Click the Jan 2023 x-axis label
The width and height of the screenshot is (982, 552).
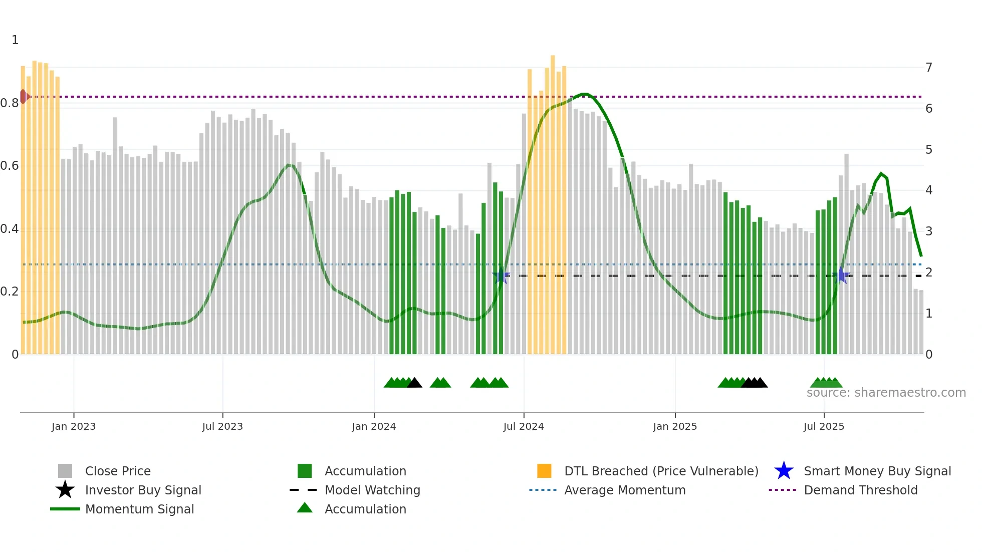[73, 426]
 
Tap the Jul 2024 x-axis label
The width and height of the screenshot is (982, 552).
[524, 426]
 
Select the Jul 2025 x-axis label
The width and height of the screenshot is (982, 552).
[824, 426]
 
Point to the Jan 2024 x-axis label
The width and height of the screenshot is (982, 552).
[374, 426]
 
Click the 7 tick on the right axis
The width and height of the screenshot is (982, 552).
[929, 67]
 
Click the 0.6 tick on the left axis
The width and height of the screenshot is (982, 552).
[10, 166]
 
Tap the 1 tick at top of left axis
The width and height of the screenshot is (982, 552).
[15, 40]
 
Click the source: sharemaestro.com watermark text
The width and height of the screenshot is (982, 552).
[886, 392]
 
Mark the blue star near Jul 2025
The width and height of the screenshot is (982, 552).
[841, 275]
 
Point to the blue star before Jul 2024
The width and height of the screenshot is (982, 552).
[501, 275]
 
